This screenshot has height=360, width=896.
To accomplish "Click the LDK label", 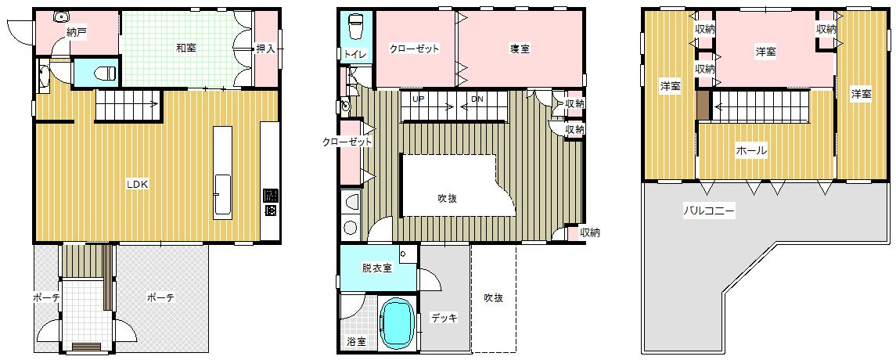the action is point(138,185).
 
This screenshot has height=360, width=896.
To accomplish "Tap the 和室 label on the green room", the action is point(186,48).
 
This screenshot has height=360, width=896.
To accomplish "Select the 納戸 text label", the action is point(77,33).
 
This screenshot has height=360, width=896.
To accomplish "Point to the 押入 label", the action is point(266,49).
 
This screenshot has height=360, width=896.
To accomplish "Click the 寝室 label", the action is point(520,49).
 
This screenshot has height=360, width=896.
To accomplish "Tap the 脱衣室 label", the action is point(376,268).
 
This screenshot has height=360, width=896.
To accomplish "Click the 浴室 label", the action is point(357,342).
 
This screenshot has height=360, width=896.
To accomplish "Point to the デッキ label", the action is point(444,319).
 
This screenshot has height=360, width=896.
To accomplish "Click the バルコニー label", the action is point(708,211).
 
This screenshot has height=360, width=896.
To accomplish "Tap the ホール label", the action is point(751,151).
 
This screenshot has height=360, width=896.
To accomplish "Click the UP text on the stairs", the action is point(419,99).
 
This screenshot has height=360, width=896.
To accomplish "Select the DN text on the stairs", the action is point(477,99).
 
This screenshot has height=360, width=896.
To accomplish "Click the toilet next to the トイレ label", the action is point(355,27).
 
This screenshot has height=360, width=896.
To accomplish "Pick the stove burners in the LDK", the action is point(270,203).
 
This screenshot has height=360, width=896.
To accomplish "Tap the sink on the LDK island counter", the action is point(224,196).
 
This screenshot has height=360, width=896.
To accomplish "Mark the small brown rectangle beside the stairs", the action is point(702,105).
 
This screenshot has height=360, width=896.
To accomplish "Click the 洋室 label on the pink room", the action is point(766,52).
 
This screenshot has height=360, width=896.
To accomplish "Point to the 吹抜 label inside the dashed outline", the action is point(493,297).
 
